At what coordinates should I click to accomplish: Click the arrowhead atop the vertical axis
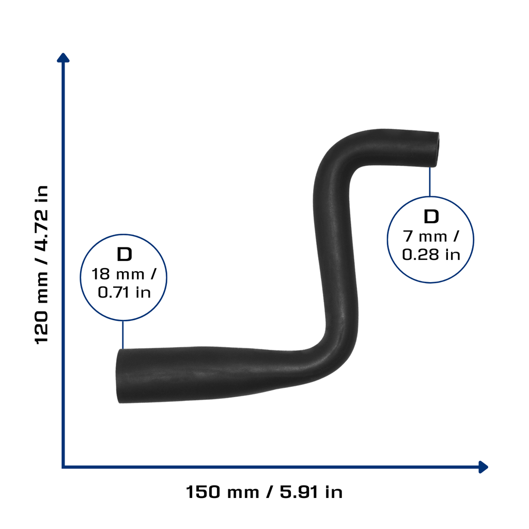[x=63, y=58]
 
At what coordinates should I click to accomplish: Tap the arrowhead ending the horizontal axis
[x=484, y=467]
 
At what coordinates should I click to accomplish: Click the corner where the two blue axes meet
[x=63, y=467]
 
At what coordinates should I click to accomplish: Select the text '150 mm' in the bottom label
[x=222, y=492]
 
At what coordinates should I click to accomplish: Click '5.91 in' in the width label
[x=311, y=492]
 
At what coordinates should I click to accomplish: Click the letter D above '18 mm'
[x=124, y=254]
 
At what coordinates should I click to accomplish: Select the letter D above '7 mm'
[x=431, y=216]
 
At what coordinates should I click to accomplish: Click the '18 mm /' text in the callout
[x=124, y=274]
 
